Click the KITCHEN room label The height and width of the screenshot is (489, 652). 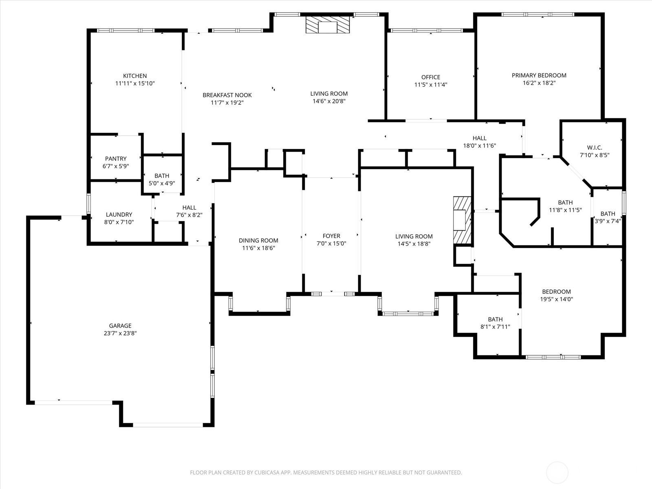[x=135, y=76]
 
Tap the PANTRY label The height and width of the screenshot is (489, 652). [x=116, y=159]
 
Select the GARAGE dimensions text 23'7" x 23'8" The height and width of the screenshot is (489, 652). [x=120, y=333]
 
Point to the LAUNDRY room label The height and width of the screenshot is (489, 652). [x=119, y=214]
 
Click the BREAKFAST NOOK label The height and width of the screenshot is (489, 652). [x=227, y=95]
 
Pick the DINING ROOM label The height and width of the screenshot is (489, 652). [x=258, y=240]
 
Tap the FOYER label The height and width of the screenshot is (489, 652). [x=331, y=236]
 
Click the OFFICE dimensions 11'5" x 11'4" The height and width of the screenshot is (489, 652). [x=431, y=85]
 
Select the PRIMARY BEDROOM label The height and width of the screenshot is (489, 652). [x=539, y=75]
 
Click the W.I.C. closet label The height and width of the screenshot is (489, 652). [x=595, y=148]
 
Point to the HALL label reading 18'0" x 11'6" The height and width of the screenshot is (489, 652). [x=480, y=138]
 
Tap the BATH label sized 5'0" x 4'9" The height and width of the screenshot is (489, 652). [x=162, y=176]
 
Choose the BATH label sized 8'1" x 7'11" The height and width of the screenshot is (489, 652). [x=495, y=319]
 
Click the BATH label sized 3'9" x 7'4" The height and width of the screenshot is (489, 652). [x=608, y=214]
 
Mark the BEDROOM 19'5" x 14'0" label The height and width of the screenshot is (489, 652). [x=556, y=291]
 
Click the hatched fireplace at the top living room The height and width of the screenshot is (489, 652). [x=328, y=24]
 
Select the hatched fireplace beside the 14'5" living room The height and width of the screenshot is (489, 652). [x=462, y=220]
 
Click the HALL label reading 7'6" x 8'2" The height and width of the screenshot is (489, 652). [x=189, y=207]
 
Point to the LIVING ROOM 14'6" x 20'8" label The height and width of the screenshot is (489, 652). [x=329, y=94]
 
